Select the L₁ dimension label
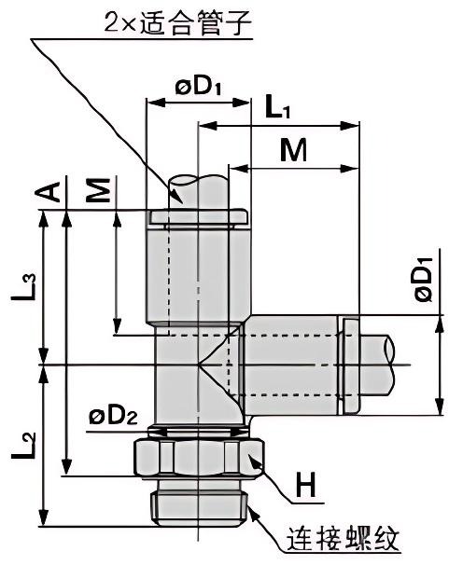277,108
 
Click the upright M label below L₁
293,151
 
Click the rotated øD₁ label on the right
422,282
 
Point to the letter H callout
306,485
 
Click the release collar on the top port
198,217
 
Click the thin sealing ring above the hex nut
199,430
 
